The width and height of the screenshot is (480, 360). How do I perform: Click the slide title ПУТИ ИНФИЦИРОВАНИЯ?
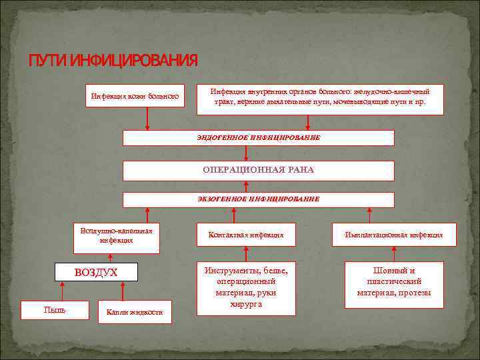pos(113,61)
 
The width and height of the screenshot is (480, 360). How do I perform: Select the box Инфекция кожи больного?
pos(135,97)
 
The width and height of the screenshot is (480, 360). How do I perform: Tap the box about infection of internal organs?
pos(321,97)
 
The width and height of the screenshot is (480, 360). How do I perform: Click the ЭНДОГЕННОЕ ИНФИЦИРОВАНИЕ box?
pos(259,137)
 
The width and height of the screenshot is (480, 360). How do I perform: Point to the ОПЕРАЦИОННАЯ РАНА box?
pos(259,170)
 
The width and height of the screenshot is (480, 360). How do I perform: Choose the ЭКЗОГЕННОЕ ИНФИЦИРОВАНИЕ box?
pos(259,199)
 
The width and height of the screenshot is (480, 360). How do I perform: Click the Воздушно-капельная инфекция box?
pos(116,236)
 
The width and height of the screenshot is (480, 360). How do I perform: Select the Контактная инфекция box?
pos(246,235)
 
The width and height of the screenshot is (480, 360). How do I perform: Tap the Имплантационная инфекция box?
pos(394,235)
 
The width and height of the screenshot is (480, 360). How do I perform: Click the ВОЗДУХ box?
pos(96,272)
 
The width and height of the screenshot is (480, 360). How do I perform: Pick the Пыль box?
pos(55,311)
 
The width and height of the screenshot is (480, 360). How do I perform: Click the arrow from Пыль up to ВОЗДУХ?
pos(62,291)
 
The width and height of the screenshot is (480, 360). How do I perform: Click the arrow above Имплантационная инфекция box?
pos(371,215)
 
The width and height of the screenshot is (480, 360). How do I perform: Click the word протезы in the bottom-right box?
pos(417,293)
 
